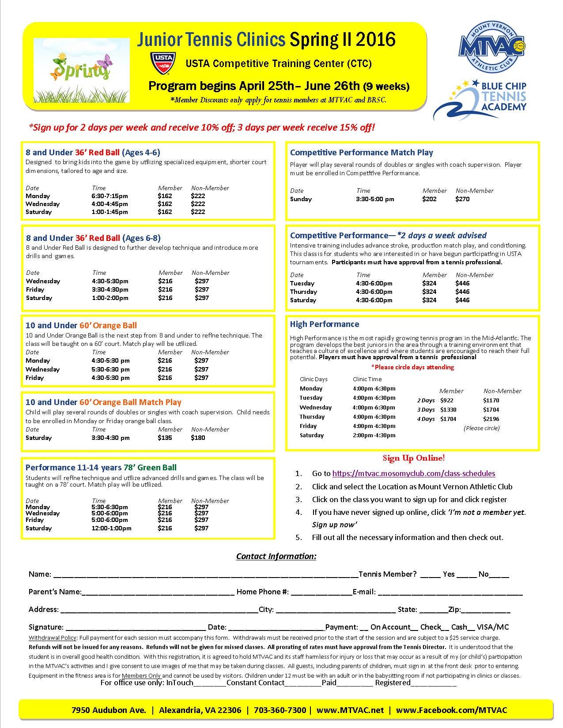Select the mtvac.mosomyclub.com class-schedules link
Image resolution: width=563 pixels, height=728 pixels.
[413, 473]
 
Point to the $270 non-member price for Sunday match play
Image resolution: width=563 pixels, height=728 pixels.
[462, 199]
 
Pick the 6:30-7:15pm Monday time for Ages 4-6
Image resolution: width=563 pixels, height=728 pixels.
[110, 196]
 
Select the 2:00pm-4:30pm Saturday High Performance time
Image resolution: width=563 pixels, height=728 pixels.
[374, 435]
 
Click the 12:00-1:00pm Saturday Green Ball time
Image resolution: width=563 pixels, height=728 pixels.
[111, 528]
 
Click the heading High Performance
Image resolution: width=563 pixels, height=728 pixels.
[324, 324]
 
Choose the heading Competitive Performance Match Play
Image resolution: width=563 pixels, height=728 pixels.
[361, 153]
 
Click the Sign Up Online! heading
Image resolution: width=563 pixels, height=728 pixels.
[413, 458]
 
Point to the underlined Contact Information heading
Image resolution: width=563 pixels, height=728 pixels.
[276, 556]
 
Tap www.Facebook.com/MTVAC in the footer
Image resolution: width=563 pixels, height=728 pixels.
[451, 710]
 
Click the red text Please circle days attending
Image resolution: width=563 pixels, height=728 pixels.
[412, 367]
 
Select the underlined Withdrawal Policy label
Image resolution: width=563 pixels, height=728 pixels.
[53, 638]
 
